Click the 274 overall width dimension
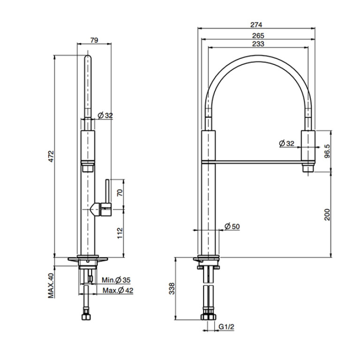point(256,24)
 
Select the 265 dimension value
point(258,36)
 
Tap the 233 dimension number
point(258,44)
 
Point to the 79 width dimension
point(94,40)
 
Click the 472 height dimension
point(51,156)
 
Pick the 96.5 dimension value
point(327,151)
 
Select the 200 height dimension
point(327,214)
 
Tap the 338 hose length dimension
point(172,288)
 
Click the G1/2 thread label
point(226,326)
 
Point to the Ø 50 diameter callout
point(232,226)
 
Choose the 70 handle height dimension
point(120,192)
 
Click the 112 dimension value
point(120,233)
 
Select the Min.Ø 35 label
point(116,280)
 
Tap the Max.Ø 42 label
point(118,290)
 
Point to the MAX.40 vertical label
point(51,285)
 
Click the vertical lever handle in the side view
point(107,191)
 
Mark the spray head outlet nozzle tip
point(308,169)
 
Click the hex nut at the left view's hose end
point(86,316)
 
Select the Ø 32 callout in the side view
point(106,115)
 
